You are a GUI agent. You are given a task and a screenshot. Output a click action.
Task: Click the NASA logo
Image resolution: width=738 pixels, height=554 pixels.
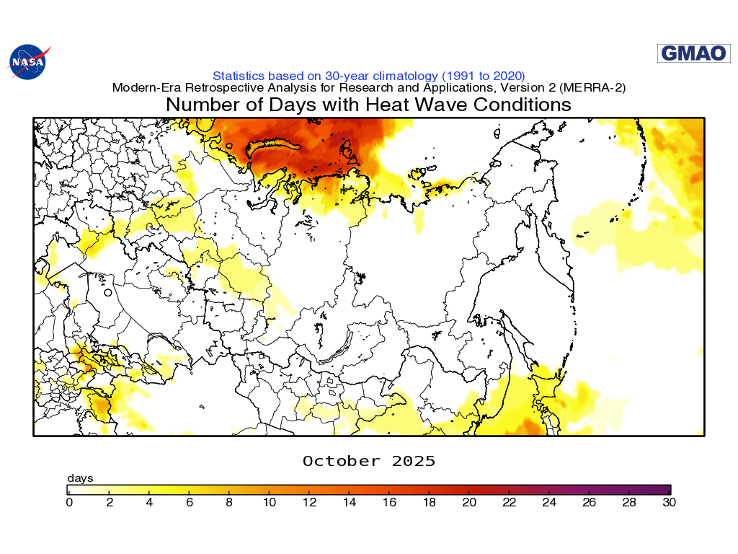(x=29, y=61)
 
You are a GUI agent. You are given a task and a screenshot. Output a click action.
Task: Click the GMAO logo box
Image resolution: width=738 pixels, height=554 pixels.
(x=683, y=53)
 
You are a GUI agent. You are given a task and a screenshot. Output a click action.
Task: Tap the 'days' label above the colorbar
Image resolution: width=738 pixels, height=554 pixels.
(x=80, y=478)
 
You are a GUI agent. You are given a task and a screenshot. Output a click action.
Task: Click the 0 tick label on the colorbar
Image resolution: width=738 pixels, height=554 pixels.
(x=69, y=503)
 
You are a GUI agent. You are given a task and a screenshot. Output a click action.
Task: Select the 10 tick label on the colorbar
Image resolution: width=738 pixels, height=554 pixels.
(x=270, y=503)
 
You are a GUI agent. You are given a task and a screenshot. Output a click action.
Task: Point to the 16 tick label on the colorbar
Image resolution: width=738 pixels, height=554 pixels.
(x=390, y=503)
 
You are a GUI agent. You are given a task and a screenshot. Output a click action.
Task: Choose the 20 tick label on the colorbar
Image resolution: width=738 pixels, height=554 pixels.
(x=470, y=503)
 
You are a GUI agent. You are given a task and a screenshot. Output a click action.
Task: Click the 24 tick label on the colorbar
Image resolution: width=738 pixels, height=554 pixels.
(x=550, y=503)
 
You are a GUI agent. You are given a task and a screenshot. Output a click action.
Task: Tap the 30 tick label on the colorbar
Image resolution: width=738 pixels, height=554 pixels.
(x=670, y=503)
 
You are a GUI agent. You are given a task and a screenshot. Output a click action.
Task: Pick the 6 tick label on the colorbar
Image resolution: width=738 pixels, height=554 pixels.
(x=190, y=503)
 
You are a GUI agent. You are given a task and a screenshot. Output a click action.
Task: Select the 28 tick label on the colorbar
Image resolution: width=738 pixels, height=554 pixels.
(x=630, y=503)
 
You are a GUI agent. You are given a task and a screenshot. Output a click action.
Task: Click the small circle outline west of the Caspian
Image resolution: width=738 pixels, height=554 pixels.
(x=107, y=293)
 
